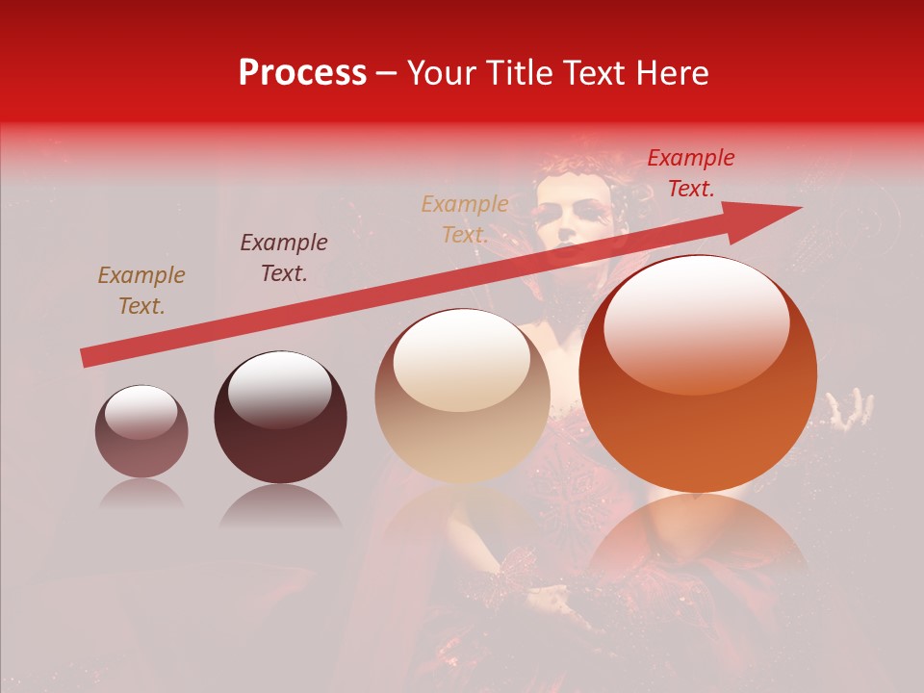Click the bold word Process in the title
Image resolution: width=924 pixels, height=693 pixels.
(302, 73)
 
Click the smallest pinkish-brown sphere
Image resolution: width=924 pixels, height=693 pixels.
(141, 431)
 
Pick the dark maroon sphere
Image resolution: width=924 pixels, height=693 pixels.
(280, 417)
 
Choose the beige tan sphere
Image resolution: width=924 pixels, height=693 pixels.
(463, 396)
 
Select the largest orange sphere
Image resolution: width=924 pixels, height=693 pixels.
(698, 373)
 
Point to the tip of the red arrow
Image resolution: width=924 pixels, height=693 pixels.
(799, 208)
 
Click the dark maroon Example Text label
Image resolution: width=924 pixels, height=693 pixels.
(284, 258)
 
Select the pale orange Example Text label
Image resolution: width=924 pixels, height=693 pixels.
(465, 218)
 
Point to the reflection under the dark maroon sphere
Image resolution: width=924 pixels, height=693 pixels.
(280, 506)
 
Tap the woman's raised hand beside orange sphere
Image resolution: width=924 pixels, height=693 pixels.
(852, 410)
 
